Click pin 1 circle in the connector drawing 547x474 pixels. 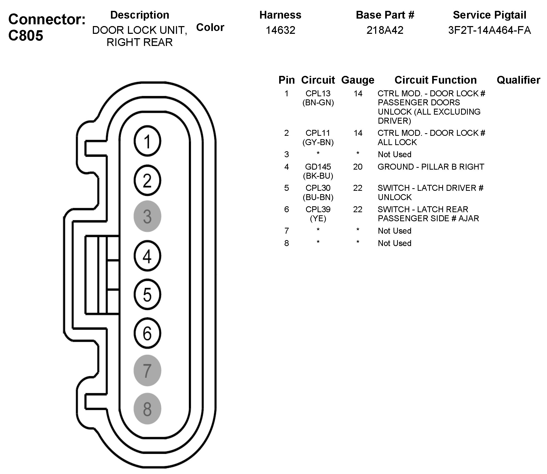point(147,141)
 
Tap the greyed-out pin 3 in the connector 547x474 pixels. point(147,216)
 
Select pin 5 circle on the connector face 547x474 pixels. point(147,294)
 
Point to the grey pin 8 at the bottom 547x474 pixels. point(147,409)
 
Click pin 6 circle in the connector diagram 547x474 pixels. point(147,333)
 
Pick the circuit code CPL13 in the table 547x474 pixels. point(318,93)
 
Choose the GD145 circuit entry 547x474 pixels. point(318,167)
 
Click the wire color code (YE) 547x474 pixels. point(318,218)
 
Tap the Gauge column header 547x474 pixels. point(357,80)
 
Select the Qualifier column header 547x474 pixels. point(518,80)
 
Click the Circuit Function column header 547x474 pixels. point(436,80)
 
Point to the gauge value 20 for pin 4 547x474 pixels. point(357,167)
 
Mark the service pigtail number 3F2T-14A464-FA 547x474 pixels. point(489,30)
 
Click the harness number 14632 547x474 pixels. point(280,30)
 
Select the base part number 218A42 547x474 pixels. point(385,30)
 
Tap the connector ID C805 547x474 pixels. point(26,35)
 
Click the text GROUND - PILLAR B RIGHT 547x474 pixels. point(431,167)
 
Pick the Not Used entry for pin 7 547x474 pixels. point(394,231)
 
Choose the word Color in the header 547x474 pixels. point(210,27)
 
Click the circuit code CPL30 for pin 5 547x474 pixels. point(318,188)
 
